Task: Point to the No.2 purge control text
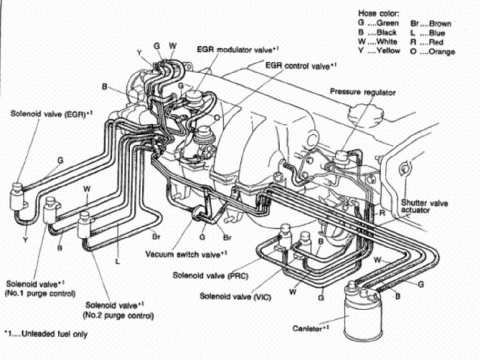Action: point(118,315)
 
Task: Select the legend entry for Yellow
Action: point(381,52)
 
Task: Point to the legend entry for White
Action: point(380,42)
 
